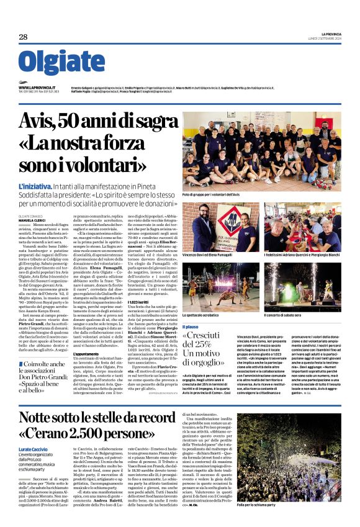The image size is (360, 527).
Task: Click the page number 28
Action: [x=23, y=37]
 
